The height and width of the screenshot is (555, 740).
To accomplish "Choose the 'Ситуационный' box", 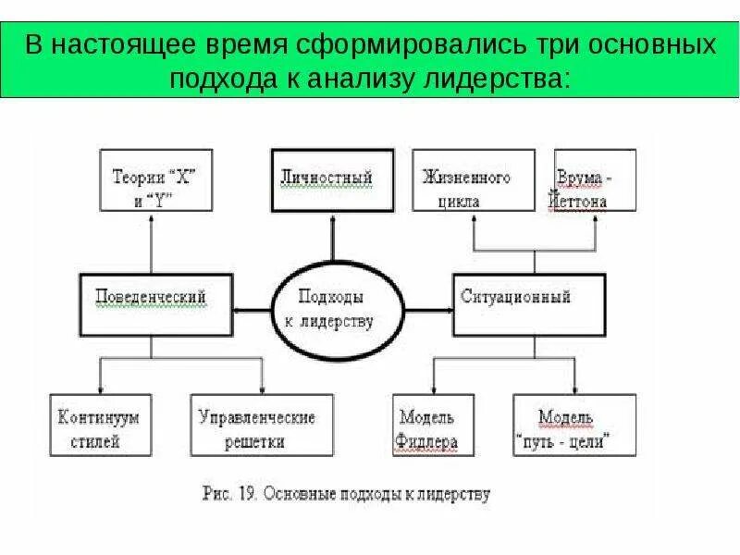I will click(529, 304).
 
